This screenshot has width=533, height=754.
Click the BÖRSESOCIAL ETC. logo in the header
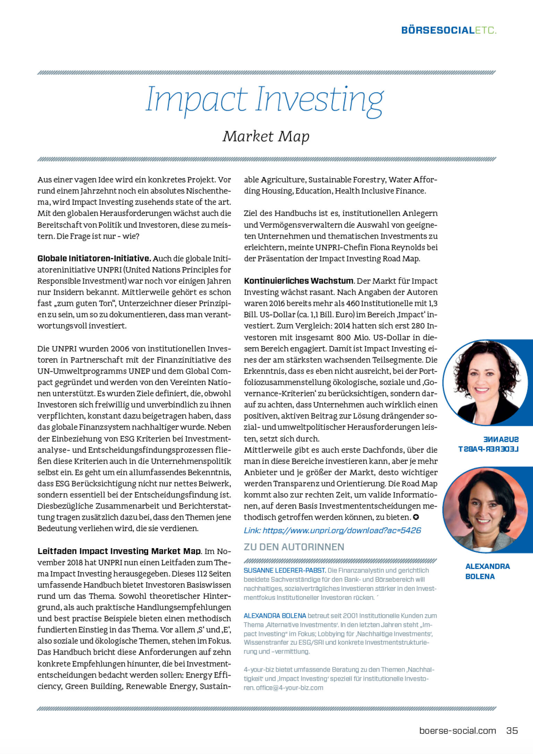(x=448, y=30)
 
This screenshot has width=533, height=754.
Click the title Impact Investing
(x=264, y=100)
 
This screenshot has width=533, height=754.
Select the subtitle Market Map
(x=266, y=136)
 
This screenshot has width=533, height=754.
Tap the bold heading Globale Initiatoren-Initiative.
(x=94, y=258)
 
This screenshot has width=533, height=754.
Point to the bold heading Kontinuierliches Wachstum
(x=299, y=281)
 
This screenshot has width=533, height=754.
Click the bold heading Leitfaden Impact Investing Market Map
(x=119, y=551)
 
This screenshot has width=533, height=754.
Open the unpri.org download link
(x=332, y=530)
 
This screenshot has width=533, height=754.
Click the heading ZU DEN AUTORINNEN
(x=294, y=547)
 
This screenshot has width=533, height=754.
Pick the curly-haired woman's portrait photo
(x=485, y=382)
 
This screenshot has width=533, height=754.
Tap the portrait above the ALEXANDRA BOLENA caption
(x=485, y=510)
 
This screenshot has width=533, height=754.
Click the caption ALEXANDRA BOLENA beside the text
(x=487, y=571)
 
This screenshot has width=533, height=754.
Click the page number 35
(x=512, y=730)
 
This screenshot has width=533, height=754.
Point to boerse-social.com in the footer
(x=457, y=730)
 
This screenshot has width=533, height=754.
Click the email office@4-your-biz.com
(x=289, y=688)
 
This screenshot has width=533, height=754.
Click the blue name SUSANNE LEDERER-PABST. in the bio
(x=285, y=570)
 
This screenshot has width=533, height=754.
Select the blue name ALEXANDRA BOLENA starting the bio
(x=275, y=615)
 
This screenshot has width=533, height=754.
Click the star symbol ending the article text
(x=416, y=517)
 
